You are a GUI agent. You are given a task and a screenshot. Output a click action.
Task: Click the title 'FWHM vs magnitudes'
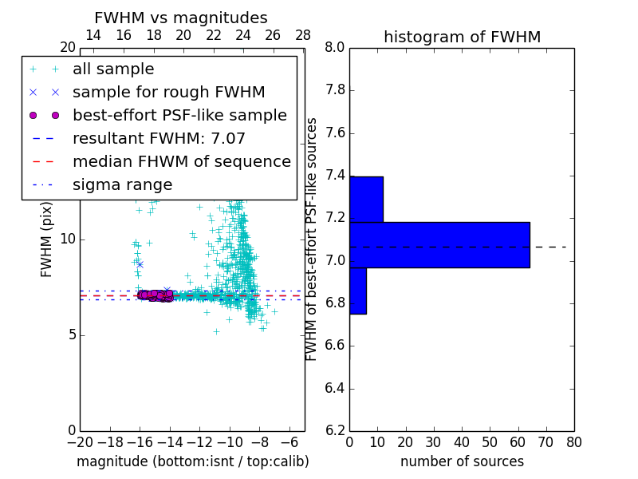(181, 18)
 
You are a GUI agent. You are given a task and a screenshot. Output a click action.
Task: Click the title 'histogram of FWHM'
(462, 37)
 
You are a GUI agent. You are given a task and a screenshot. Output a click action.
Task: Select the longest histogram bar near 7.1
(439, 244)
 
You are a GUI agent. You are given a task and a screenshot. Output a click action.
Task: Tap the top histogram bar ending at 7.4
(366, 199)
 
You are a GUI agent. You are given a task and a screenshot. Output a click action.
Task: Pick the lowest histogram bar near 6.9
(357, 291)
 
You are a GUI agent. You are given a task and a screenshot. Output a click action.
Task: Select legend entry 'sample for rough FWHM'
(168, 93)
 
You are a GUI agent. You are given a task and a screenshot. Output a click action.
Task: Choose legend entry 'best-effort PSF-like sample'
(179, 116)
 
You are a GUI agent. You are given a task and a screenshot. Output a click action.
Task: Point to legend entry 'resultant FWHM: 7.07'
(159, 139)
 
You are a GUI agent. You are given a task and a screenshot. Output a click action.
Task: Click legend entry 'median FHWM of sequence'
(181, 162)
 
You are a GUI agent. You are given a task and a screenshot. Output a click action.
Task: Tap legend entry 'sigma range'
(122, 185)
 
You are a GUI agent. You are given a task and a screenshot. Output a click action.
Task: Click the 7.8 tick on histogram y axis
(334, 90)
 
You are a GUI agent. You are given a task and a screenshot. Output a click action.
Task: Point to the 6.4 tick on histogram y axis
(334, 389)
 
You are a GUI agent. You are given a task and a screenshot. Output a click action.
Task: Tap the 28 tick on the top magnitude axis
(303, 35)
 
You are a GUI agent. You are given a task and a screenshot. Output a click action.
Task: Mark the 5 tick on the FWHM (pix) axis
(69, 335)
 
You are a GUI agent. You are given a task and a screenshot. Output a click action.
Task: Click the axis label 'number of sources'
(462, 461)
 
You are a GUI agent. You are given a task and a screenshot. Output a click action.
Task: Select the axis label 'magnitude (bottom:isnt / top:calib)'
(192, 461)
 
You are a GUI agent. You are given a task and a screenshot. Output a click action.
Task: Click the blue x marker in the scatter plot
(140, 263)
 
